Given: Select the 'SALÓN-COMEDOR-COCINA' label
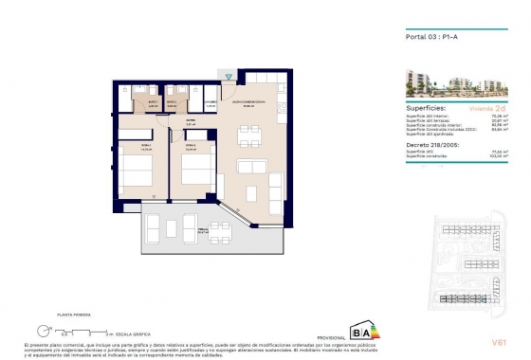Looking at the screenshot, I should [250, 103].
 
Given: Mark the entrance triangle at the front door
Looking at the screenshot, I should [229, 76].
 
